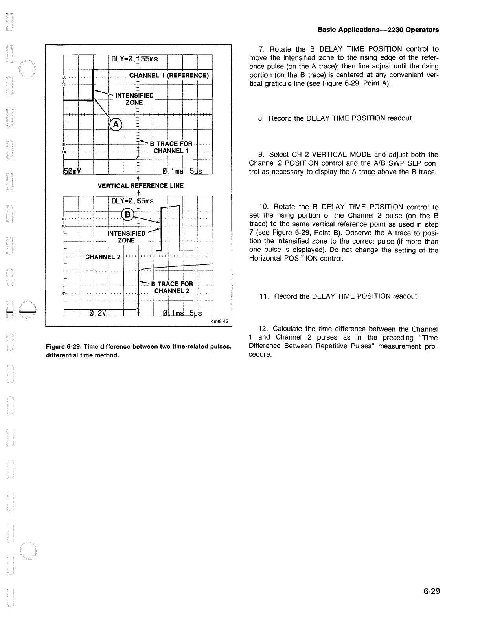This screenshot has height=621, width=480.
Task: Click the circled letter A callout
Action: (116, 124)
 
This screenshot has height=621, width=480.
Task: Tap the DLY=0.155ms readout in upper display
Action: (134, 59)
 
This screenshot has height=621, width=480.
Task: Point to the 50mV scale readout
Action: (72, 170)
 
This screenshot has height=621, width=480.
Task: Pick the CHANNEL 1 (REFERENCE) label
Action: (169, 75)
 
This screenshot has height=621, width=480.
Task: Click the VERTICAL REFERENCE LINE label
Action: (140, 186)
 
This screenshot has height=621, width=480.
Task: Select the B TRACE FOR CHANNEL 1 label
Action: (171, 147)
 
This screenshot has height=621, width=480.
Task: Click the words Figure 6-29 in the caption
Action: (62, 347)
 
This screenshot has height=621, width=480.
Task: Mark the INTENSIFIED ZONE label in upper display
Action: (134, 99)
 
